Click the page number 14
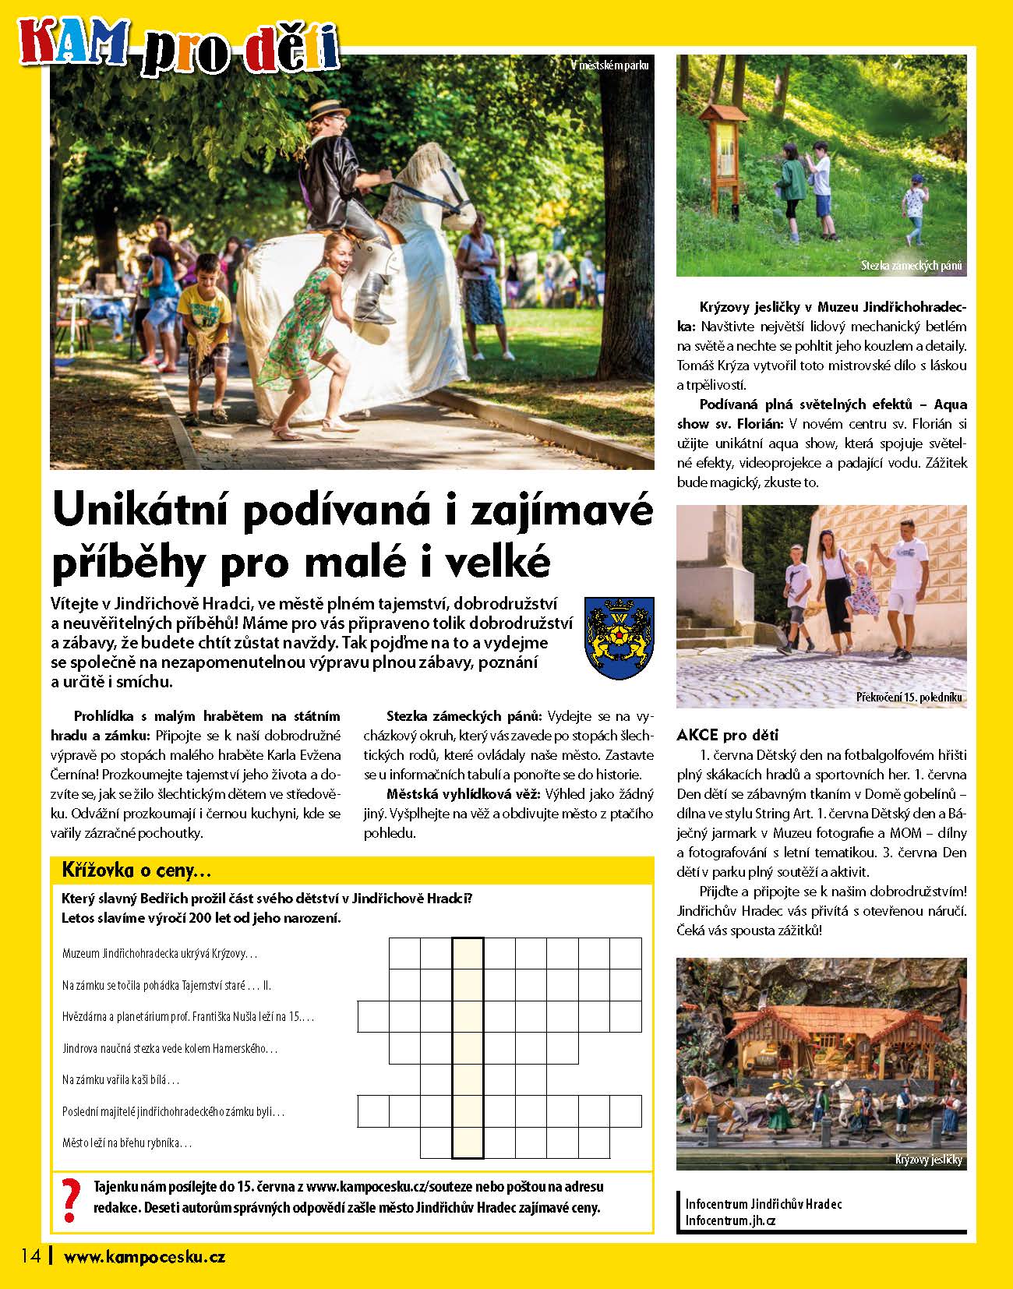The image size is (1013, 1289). click(x=30, y=1255)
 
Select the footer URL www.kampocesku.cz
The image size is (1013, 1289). click(x=144, y=1256)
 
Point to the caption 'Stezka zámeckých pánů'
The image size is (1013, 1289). click(x=912, y=266)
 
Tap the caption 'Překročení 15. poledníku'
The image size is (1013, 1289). click(x=910, y=697)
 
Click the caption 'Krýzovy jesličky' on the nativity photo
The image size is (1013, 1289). click(x=929, y=1160)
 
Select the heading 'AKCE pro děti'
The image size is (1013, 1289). click(x=728, y=735)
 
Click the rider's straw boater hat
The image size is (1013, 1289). click(x=329, y=108)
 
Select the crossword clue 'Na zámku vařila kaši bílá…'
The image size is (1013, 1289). click(x=121, y=1080)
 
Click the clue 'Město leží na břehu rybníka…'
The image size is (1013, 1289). click(x=127, y=1143)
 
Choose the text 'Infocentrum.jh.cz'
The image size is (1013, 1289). click(x=730, y=1220)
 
